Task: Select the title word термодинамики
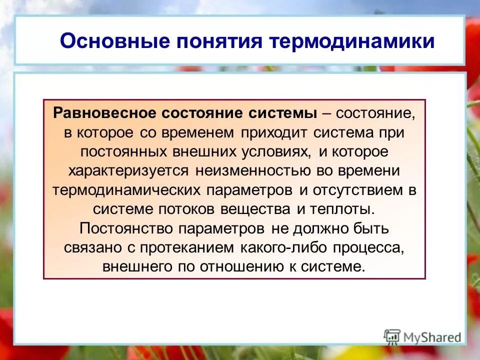(352, 41)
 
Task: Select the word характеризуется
(128, 170)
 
